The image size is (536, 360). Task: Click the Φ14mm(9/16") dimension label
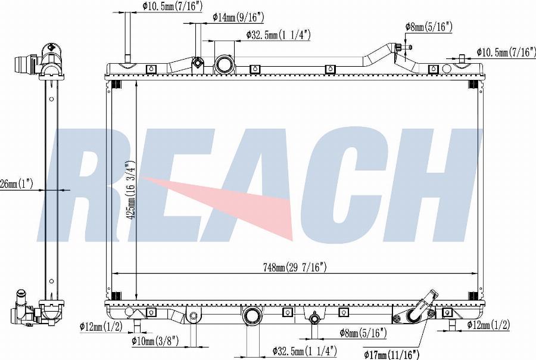238,17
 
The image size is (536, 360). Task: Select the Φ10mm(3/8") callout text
155,340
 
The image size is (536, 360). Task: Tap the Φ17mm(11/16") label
391,355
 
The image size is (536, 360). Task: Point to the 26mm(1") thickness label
17,184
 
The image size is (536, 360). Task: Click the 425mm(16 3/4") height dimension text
130,190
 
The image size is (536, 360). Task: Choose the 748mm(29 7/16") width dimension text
295,267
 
